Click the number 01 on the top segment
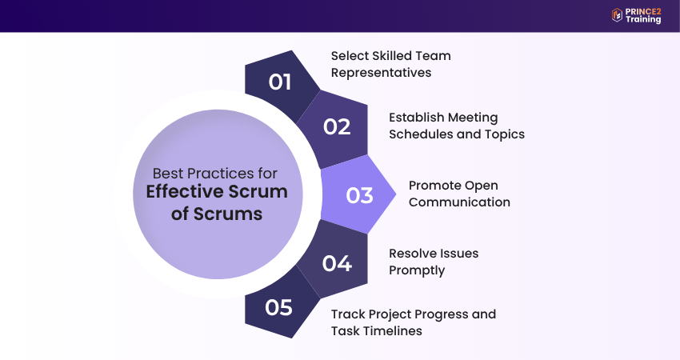[x=279, y=82]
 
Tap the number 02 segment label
[x=337, y=126]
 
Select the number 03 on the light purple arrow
[x=359, y=195]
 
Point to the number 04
[x=337, y=263]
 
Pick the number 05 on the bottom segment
[x=278, y=308]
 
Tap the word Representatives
[x=382, y=73]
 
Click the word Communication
[x=459, y=202]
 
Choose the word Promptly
[x=417, y=270]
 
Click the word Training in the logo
[x=644, y=19]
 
